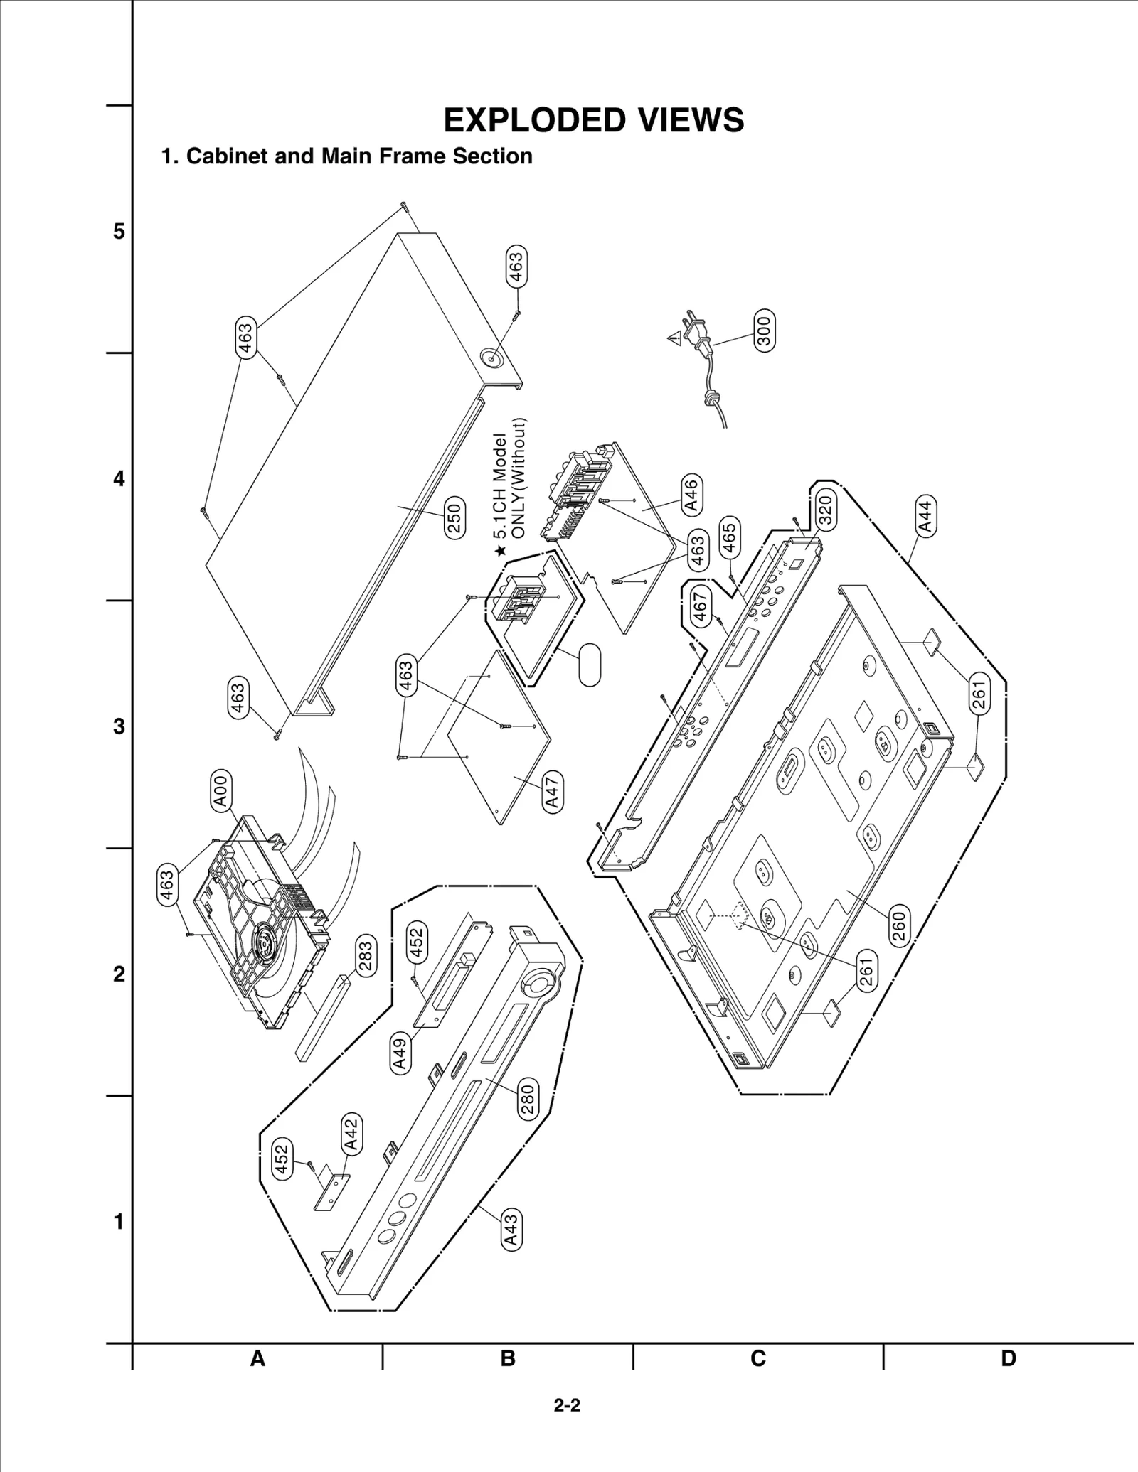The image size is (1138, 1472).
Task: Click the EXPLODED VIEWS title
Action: click(593, 121)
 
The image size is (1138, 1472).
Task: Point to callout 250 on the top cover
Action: click(454, 517)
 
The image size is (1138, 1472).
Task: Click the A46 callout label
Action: click(691, 495)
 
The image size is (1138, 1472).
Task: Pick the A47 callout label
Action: click(552, 793)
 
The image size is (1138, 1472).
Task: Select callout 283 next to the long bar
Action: click(364, 957)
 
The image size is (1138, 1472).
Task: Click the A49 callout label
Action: click(400, 1053)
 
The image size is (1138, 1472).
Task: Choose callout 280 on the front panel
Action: click(527, 1099)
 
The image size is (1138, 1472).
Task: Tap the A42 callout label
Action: click(351, 1134)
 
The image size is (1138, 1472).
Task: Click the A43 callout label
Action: click(511, 1231)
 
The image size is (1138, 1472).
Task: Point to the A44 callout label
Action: click(925, 517)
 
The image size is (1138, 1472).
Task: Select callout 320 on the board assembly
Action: click(825, 510)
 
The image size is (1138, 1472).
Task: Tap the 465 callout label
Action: click(728, 537)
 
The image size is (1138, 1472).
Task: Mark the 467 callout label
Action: click(701, 608)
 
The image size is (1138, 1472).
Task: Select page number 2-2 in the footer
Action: click(568, 1405)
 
